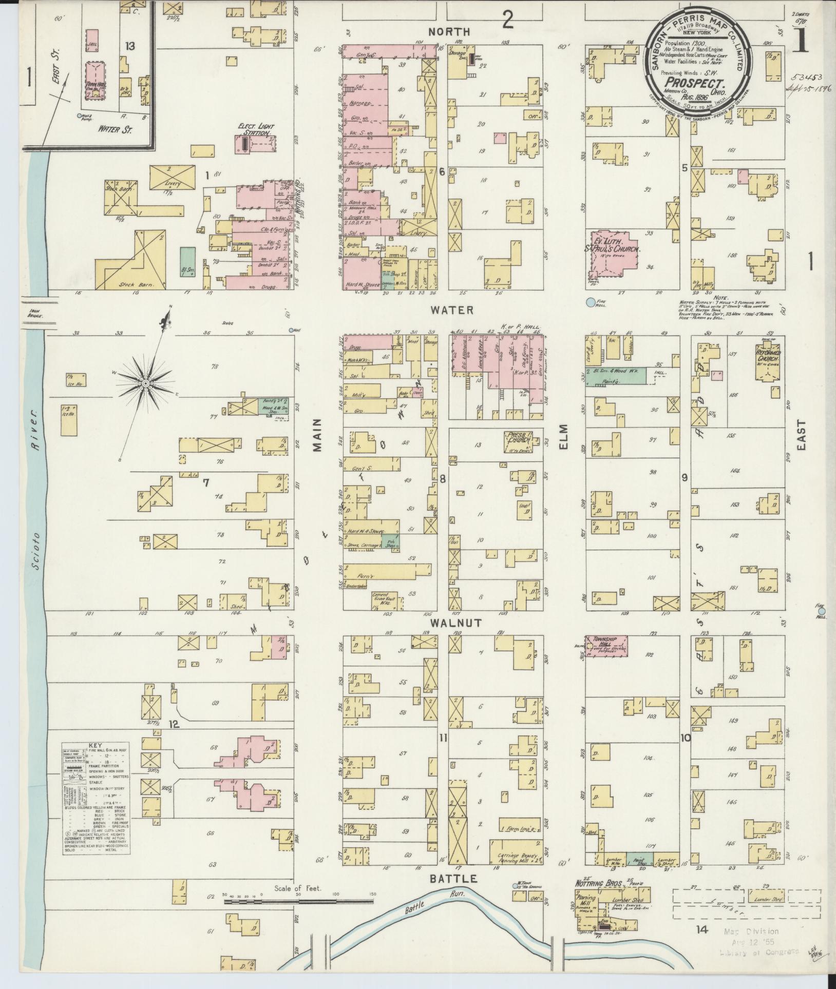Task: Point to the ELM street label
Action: point(565,436)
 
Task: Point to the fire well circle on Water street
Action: point(591,302)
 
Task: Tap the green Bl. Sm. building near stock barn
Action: point(188,263)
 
